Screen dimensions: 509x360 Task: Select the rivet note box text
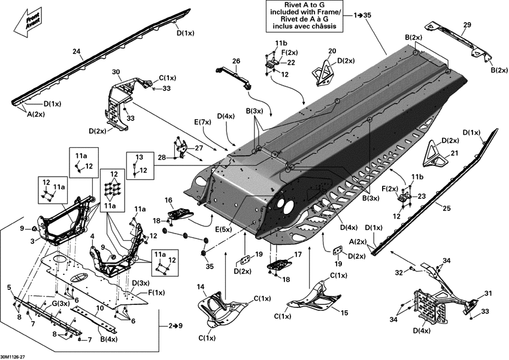(x=304, y=16)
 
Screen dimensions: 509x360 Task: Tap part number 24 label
(x=77, y=51)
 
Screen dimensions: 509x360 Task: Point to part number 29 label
(x=467, y=25)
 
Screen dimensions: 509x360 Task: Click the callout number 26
(x=236, y=60)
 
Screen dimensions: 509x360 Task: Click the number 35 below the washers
(x=210, y=266)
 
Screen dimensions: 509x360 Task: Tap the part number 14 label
(x=201, y=287)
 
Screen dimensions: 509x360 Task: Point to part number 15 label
(x=344, y=312)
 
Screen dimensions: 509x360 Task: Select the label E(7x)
(x=202, y=122)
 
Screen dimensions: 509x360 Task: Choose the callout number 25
(x=447, y=208)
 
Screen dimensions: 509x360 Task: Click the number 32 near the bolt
(x=399, y=273)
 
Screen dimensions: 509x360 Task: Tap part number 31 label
(x=488, y=294)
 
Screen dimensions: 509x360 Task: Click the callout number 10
(x=100, y=308)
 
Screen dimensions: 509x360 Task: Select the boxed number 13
(x=139, y=157)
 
